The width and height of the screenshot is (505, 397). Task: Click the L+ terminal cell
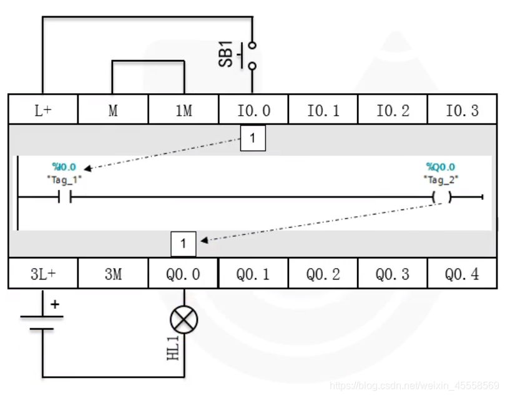point(42,110)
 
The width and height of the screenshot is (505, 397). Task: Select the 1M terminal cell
point(184,110)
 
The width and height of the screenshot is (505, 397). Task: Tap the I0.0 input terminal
point(253,110)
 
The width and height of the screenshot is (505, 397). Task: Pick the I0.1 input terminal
point(323,110)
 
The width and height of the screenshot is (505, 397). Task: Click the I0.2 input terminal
point(393,110)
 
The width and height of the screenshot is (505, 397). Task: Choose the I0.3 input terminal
point(463,110)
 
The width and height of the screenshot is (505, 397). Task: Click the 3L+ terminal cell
point(42,274)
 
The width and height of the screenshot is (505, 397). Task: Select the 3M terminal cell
point(113,274)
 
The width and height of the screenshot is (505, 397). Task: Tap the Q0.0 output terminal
point(184,274)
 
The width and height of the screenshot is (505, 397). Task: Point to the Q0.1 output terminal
point(253,274)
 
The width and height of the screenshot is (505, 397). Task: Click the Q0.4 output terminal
point(463,274)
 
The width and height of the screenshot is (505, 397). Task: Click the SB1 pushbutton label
point(226,54)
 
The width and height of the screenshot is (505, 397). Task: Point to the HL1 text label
point(173,348)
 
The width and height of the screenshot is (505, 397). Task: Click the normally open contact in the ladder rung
point(64,198)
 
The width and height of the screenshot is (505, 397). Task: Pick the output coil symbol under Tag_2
point(441,198)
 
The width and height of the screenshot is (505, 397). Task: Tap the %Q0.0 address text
point(441,167)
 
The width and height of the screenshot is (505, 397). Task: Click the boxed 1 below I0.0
point(253,138)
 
